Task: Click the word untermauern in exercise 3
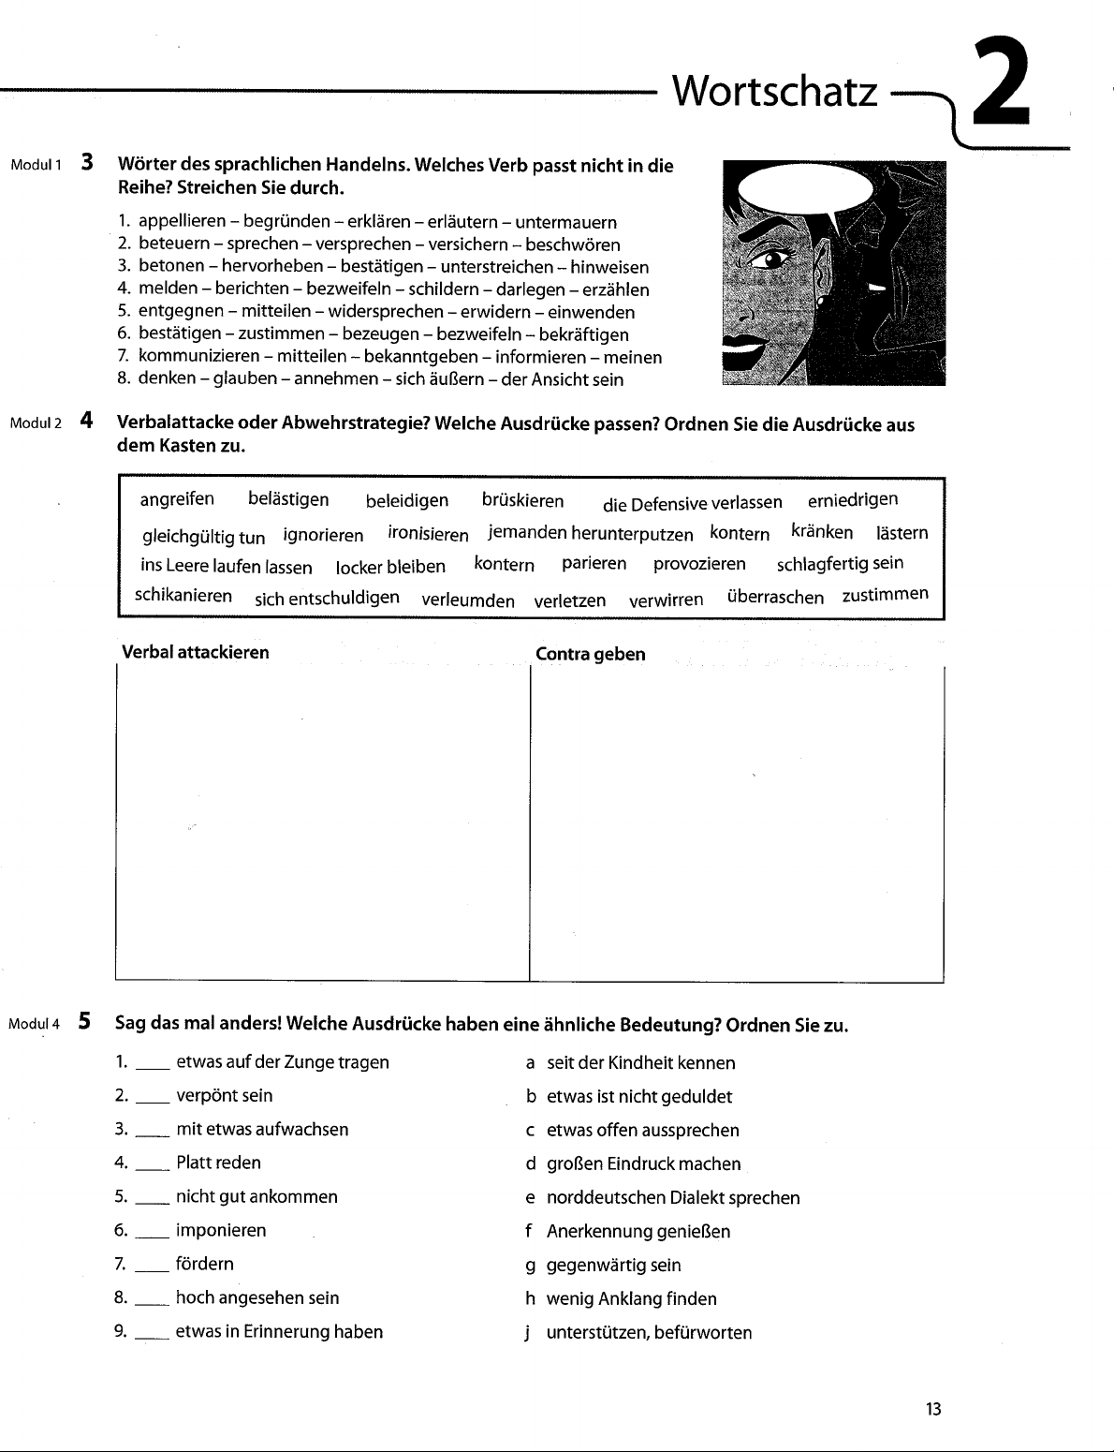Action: pos(565,223)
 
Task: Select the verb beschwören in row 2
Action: pos(573,245)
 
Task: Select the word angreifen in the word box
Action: pos(177,499)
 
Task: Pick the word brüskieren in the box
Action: pos(522,500)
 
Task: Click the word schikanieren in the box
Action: pos(183,596)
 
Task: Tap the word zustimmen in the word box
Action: pos(885,595)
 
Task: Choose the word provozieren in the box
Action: pos(699,564)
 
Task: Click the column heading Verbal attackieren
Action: pos(195,653)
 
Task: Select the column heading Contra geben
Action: pos(590,655)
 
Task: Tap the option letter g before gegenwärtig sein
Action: pos(530,1266)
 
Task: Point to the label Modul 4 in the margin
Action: pos(34,1024)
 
